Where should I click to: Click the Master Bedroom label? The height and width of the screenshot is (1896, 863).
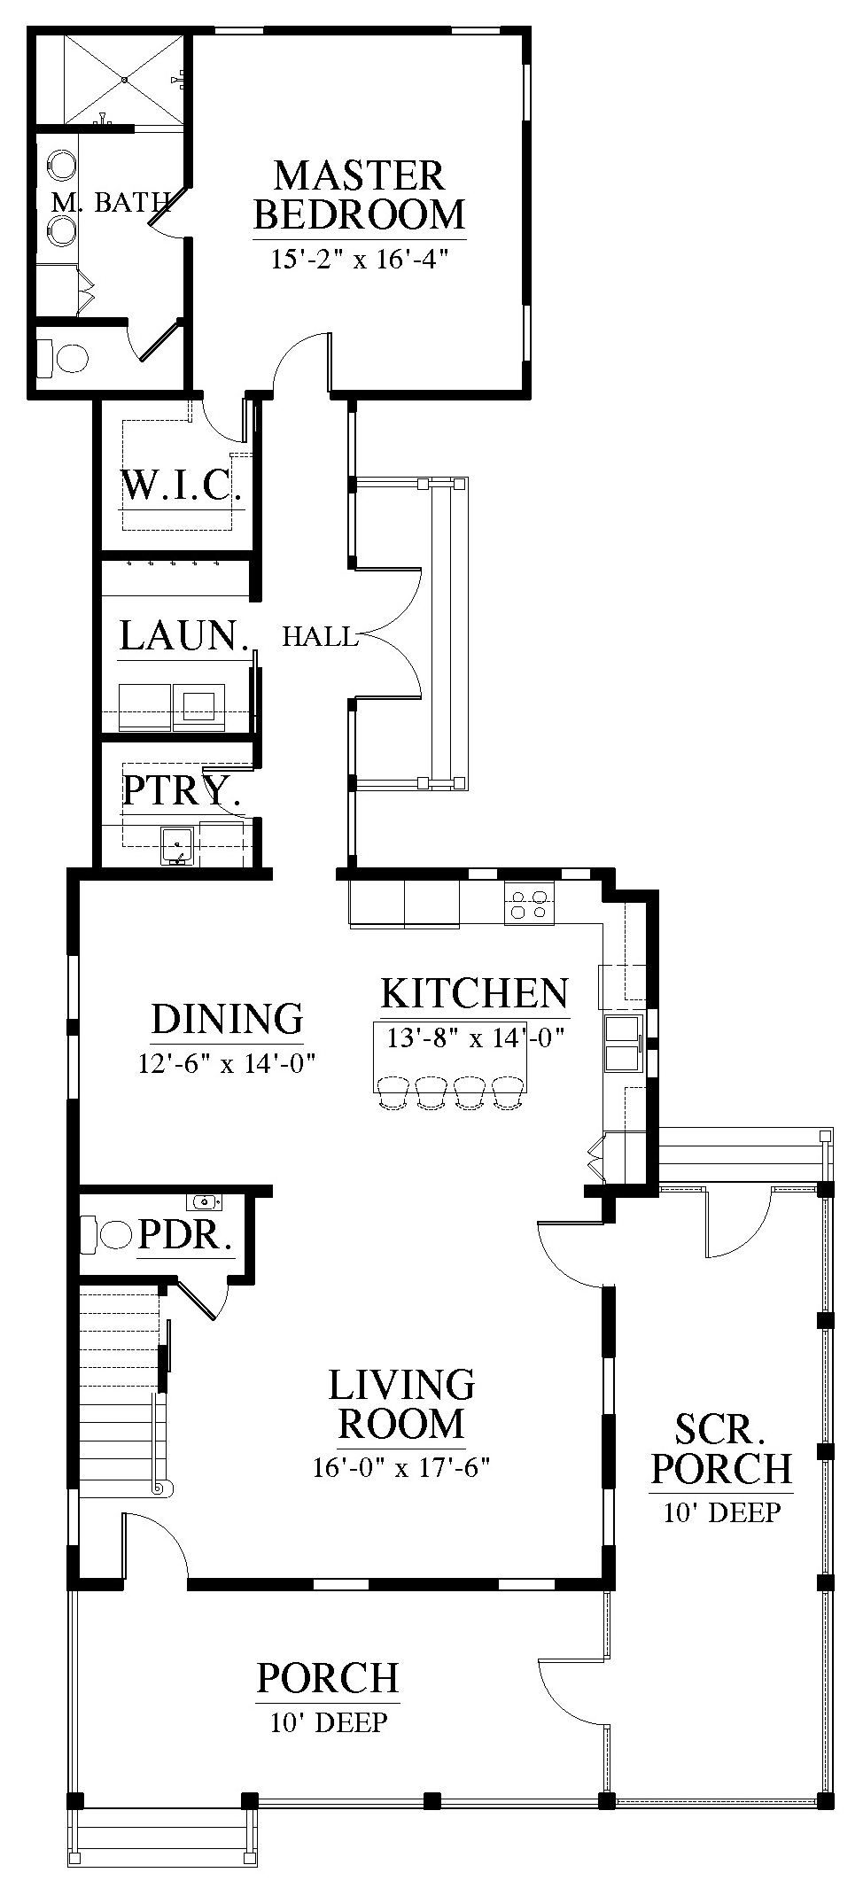coord(359,195)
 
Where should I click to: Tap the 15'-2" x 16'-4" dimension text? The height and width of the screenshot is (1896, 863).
coord(360,260)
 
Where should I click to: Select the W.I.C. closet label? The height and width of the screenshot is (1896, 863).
coord(181,486)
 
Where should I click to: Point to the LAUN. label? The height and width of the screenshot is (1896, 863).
coord(183,636)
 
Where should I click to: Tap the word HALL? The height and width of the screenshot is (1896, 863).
coord(320,636)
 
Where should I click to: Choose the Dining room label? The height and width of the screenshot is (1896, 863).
coord(228,1019)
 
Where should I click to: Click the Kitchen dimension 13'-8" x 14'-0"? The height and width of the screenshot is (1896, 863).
coord(476,1037)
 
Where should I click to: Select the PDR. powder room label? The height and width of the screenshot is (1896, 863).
coord(186,1235)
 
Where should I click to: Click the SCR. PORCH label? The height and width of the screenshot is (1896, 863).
coord(721,1448)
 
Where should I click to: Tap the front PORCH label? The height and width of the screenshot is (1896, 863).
coord(328,1677)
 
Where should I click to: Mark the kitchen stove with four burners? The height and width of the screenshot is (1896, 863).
coord(529,903)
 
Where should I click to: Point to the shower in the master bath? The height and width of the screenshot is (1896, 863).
coord(126,78)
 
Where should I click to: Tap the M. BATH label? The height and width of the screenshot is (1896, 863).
coord(111,203)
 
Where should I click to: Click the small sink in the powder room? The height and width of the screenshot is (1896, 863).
coord(205,1202)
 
